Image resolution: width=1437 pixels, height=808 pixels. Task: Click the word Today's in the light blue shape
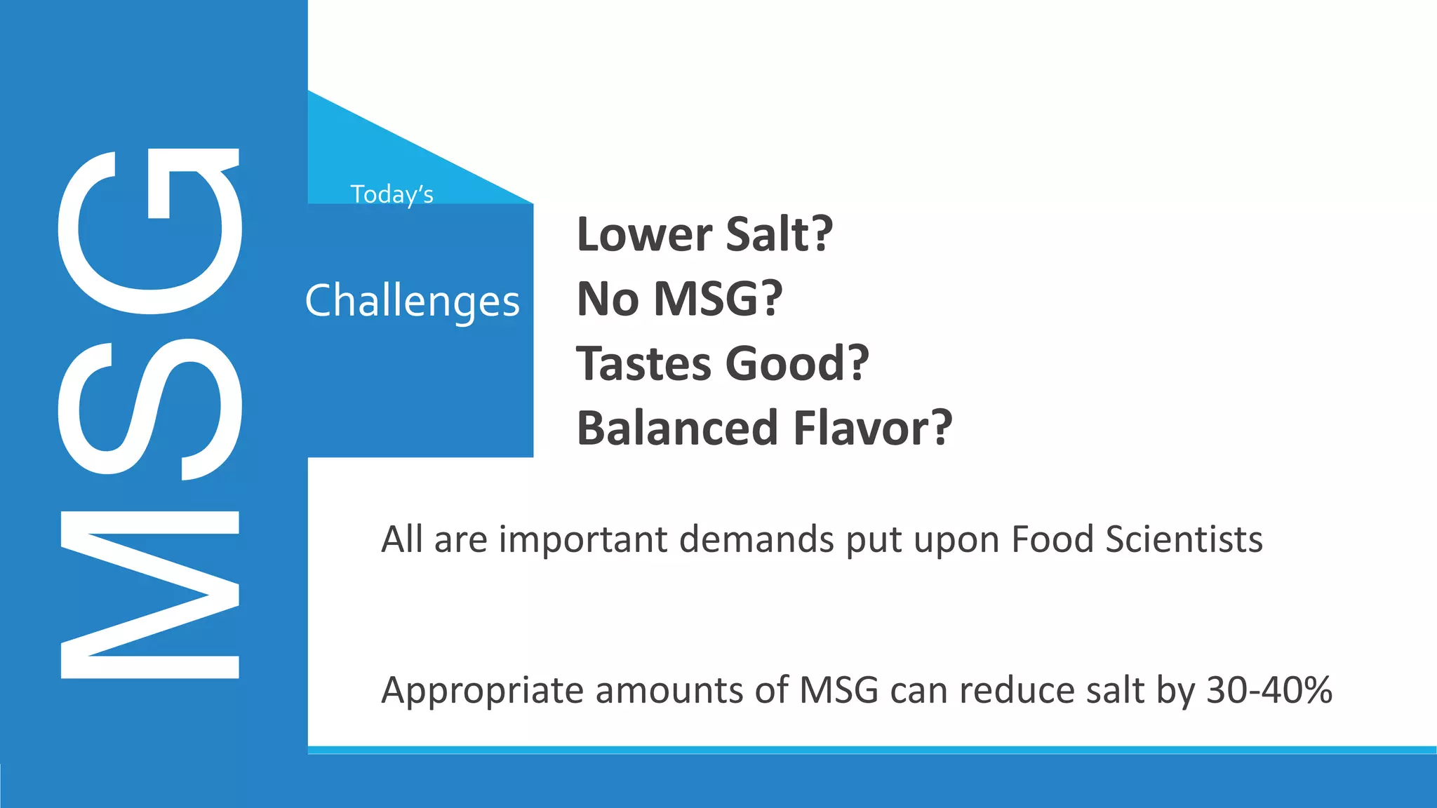coord(392,194)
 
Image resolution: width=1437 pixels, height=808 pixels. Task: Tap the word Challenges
coord(413,302)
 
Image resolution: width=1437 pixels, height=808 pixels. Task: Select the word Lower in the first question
coord(643,234)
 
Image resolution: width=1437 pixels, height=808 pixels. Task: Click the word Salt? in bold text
coord(779,234)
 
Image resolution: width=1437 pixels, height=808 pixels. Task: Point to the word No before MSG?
coord(608,299)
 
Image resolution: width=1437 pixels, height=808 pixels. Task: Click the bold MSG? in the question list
coord(718,299)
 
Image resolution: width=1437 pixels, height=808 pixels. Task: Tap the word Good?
coord(797,363)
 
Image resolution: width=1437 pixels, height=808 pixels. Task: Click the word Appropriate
coord(482,691)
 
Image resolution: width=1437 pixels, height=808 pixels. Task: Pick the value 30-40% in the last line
coord(1269,690)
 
